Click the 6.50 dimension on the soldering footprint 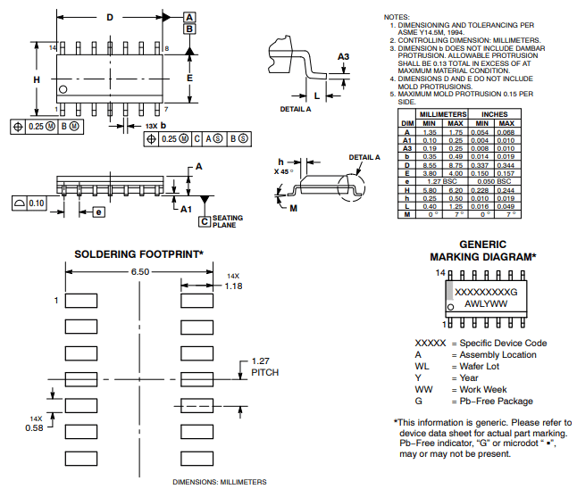click(139, 270)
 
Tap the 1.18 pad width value click(234, 286)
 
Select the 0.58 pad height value click(35, 428)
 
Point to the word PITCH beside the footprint click(265, 371)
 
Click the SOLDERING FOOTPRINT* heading click(138, 254)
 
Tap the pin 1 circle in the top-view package click(63, 90)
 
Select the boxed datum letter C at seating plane click(205, 220)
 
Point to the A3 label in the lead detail click(343, 56)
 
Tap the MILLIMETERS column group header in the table click(443, 115)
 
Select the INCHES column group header click(495, 115)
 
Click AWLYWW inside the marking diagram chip click(486, 303)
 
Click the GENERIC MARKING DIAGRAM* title click(482, 250)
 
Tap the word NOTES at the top click(397, 17)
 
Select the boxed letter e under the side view click(98, 211)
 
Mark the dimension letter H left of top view click(37, 79)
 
